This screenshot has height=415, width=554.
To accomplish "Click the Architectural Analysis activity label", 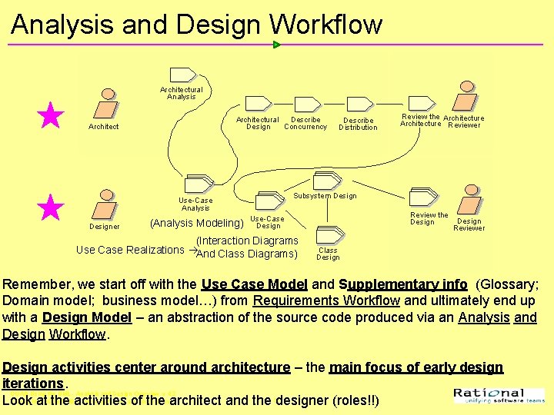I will tap(182, 93).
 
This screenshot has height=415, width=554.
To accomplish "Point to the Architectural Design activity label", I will tap(257, 123).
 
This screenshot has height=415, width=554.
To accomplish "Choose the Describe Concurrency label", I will tap(305, 123).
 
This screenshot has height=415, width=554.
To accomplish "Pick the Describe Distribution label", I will tap(358, 124).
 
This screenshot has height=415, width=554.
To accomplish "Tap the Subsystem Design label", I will tap(325, 196).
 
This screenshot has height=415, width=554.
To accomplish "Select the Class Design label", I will tap(328, 254).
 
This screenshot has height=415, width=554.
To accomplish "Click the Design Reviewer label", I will tap(469, 224).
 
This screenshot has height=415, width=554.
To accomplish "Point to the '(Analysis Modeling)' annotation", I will tap(196, 223).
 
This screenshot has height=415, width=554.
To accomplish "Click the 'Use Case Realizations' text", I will tap(130, 250).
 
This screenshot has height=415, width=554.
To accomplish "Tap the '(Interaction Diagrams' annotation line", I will tap(247, 241).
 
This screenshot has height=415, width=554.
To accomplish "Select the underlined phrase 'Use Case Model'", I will tap(254, 284).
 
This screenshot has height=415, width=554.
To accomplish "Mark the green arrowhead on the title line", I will tap(277, 45).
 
